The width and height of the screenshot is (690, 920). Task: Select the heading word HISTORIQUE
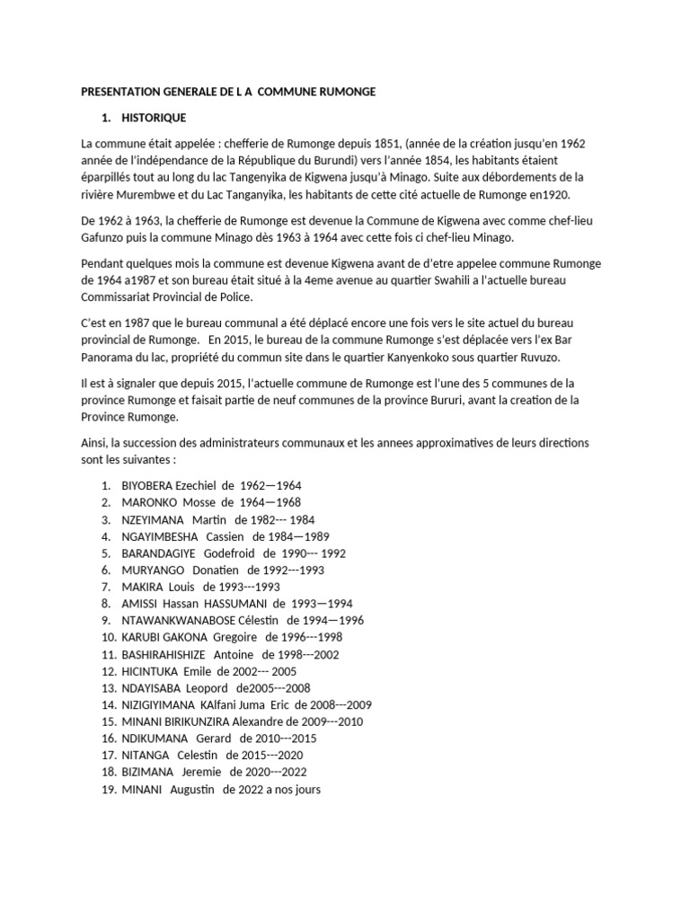(x=155, y=118)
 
